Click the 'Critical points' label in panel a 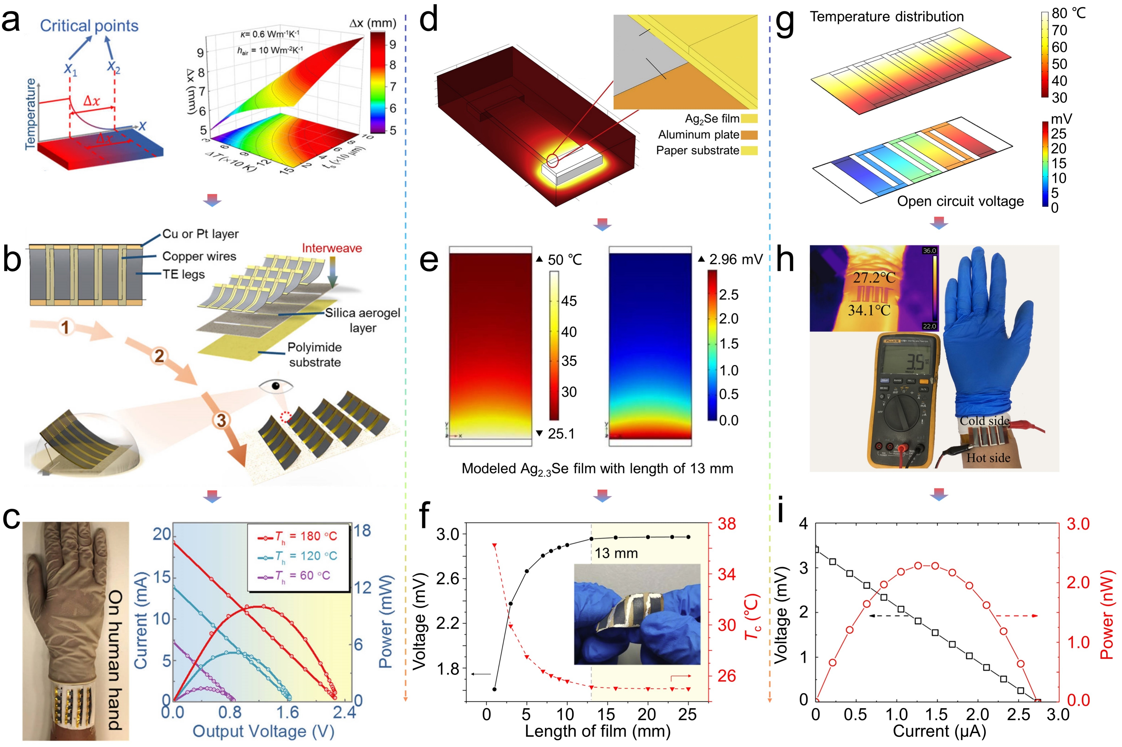tap(89, 26)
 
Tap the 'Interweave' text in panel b tap(332, 248)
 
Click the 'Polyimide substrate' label tap(314, 354)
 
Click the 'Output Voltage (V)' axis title tap(263, 731)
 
